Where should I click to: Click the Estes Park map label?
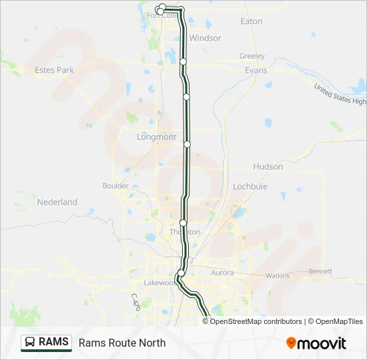[55, 69]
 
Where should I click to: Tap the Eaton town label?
[251, 21]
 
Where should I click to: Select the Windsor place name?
[205, 38]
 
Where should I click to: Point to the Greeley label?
[252, 56]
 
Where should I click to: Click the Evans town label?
[256, 70]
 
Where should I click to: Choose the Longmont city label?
[156, 137]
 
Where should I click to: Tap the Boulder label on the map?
[115, 186]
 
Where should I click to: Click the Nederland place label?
[57, 202]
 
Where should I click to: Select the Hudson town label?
[268, 167]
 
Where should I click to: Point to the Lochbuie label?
[250, 187]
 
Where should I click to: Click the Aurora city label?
[222, 273]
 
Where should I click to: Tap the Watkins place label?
[278, 275]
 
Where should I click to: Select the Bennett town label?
[320, 271]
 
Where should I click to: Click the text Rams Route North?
[122, 343]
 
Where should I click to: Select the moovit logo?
[316, 343]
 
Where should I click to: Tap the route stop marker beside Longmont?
[188, 143]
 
